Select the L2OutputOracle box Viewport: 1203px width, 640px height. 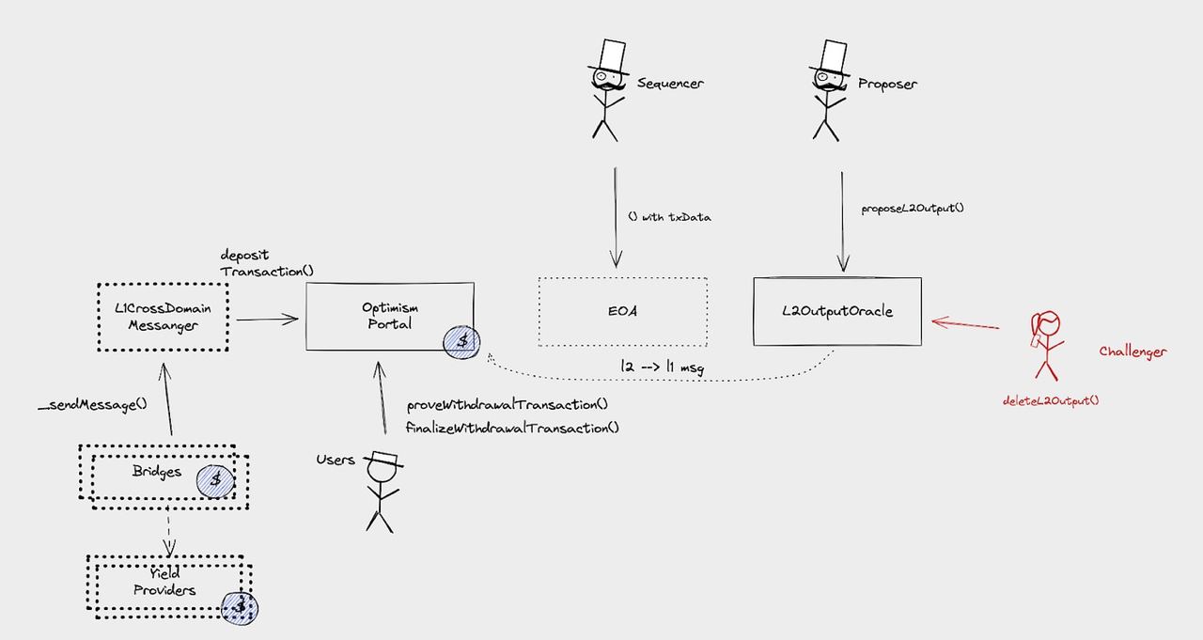[x=836, y=311]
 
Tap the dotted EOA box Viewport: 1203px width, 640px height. [x=622, y=311]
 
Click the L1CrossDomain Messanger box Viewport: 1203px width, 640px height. [x=162, y=316]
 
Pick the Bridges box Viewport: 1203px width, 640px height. [x=157, y=472]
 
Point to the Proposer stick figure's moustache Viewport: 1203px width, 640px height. [x=830, y=86]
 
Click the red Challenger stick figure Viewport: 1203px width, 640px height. [x=1046, y=343]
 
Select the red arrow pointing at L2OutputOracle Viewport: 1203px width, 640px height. [x=965, y=324]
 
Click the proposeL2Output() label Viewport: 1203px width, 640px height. [x=912, y=208]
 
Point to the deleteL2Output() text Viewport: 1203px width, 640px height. [x=1051, y=400]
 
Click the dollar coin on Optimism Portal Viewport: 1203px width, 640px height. [x=461, y=340]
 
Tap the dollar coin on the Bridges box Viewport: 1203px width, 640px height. [x=215, y=479]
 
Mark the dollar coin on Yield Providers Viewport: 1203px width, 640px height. [x=240, y=607]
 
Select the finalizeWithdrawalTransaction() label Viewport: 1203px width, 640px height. [x=512, y=428]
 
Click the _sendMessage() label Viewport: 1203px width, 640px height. [x=93, y=405]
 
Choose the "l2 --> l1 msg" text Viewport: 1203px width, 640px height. [x=662, y=367]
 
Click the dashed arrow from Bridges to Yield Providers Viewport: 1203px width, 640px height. [x=168, y=531]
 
